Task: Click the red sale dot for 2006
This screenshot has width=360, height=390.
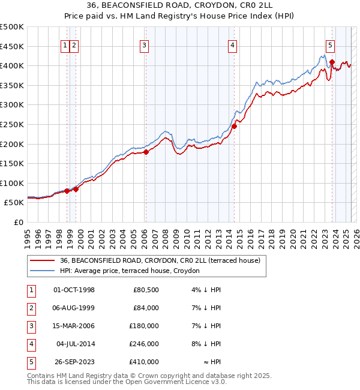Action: coord(146,152)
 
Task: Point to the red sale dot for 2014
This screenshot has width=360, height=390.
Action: coord(235,126)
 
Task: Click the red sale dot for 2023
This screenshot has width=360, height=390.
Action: coord(332,61)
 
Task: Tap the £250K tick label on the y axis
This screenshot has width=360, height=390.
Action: coord(11,124)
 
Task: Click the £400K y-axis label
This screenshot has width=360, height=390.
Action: coord(11,65)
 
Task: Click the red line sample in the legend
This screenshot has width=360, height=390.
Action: coord(42,261)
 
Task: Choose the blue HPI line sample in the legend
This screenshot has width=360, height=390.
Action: coord(42,271)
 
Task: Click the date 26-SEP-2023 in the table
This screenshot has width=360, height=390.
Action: coord(74,362)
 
